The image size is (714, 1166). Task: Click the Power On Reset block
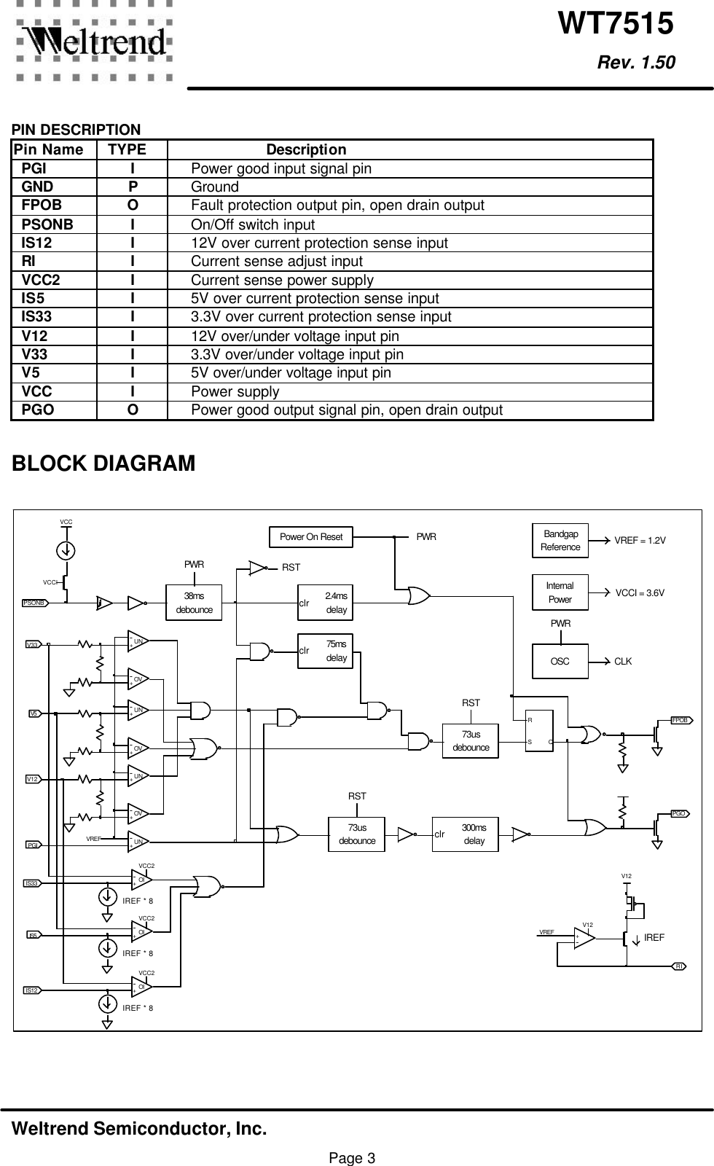pos(311,537)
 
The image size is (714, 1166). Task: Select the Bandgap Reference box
pos(560,541)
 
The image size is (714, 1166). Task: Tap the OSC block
pos(560,661)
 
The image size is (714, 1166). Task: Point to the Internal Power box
pos(560,593)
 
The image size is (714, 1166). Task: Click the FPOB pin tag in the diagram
pos(680,719)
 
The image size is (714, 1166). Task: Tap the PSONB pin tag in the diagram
pos(35,603)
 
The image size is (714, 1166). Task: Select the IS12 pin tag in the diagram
pos(32,990)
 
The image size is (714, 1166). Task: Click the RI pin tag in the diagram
pos(680,966)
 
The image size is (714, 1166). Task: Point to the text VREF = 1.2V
pos(640,541)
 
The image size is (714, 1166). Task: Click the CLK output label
pos(623,662)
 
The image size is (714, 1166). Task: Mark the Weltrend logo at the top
pos(93,42)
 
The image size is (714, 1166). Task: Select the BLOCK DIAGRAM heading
pos(103,463)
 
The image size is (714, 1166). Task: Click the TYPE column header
pos(127,150)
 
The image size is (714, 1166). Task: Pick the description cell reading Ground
pos(215,187)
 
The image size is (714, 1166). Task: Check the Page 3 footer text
pos(352,1157)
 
